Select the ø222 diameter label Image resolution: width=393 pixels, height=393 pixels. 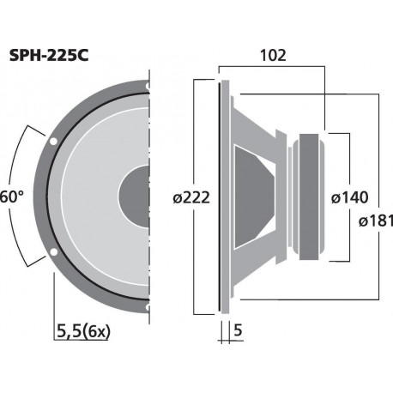190,198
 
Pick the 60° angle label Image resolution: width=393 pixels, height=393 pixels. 10,196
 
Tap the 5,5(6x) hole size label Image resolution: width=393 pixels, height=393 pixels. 87,329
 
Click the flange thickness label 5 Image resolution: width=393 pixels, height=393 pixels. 237,329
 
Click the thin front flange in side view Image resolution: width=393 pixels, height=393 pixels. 222,196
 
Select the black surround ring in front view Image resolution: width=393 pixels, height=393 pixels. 50,196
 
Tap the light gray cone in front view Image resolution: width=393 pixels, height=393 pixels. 94,196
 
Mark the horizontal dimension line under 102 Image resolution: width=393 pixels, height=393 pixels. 273,68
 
